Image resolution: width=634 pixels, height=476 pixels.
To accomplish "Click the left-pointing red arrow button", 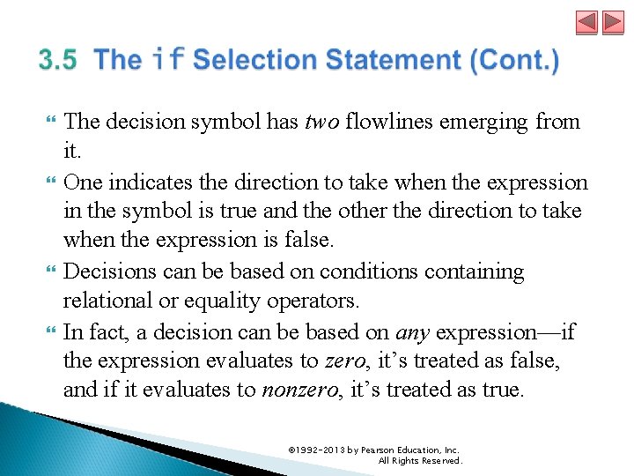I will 586,23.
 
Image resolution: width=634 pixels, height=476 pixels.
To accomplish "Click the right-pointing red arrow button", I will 613,23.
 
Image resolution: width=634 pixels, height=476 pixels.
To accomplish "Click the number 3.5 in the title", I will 58,61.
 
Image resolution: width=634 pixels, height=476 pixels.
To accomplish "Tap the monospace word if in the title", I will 167,61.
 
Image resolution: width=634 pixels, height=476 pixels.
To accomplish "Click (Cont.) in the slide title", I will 515,61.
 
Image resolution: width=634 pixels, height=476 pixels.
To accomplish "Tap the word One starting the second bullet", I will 84,182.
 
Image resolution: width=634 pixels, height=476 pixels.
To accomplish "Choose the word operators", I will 316,301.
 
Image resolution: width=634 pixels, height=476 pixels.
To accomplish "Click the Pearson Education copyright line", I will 374,450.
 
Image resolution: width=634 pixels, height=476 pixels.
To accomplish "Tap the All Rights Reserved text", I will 420,460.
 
